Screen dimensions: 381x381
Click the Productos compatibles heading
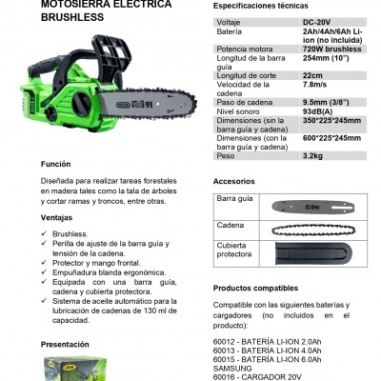[262, 287]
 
